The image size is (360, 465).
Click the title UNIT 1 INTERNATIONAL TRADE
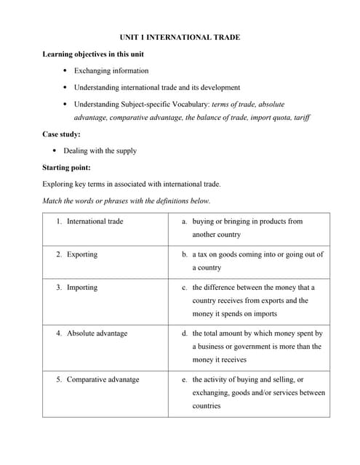pyautogui.click(x=180, y=37)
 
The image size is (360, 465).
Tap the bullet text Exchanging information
pyautogui.click(x=111, y=70)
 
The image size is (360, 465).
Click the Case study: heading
pyautogui.click(x=62, y=134)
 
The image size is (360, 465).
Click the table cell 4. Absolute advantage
pyautogui.click(x=97, y=333)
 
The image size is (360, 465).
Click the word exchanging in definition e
pyautogui.click(x=212, y=392)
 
